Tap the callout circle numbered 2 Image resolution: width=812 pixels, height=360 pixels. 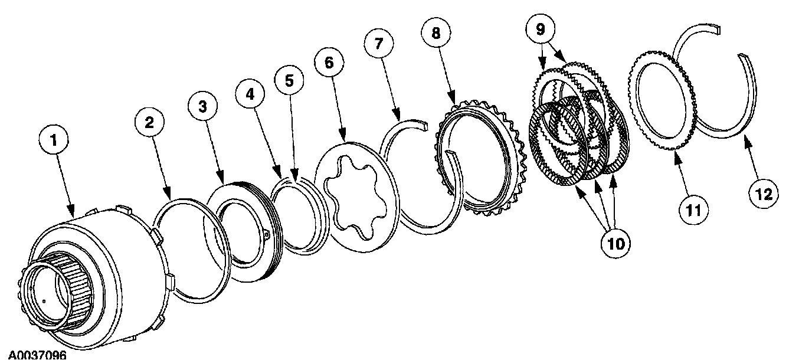[149, 123]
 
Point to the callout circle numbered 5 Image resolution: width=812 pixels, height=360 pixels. [289, 81]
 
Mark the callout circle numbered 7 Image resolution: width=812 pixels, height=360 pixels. [378, 45]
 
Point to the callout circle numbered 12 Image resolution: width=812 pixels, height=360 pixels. [764, 194]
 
